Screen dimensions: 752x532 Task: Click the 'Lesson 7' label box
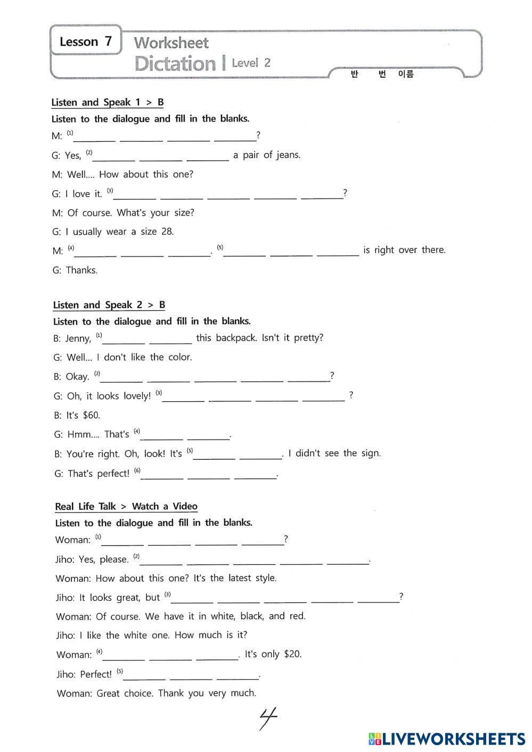(x=86, y=41)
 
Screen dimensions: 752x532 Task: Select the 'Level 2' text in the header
(x=251, y=63)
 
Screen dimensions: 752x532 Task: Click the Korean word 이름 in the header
(x=405, y=74)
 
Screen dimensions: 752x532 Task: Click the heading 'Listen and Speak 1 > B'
(x=108, y=102)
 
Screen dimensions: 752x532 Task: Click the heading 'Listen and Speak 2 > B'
(x=109, y=305)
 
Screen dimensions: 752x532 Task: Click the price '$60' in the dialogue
(x=91, y=415)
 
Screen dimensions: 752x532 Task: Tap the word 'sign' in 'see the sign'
(x=371, y=453)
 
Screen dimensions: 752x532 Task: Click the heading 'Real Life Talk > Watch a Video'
(x=126, y=506)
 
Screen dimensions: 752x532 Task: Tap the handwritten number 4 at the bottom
(x=268, y=718)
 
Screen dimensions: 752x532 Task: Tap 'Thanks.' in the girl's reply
(x=81, y=270)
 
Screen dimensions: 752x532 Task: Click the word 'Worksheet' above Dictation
(x=171, y=43)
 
